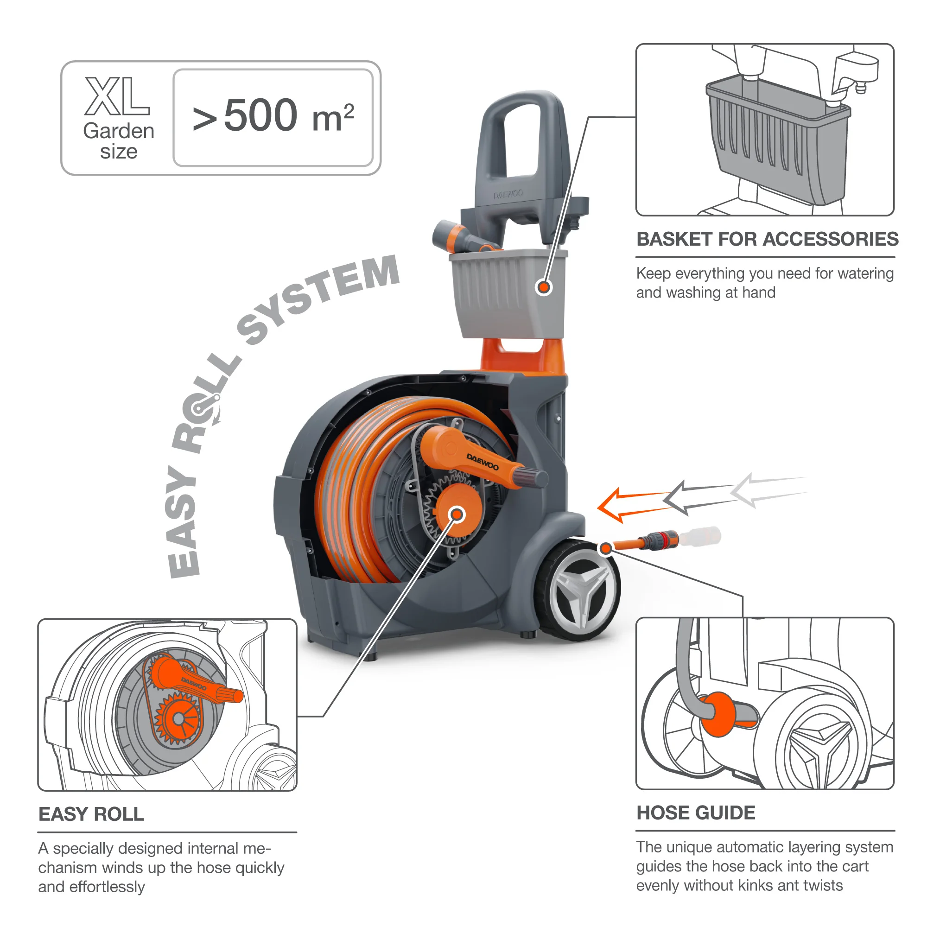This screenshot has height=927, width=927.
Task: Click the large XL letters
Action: (117, 97)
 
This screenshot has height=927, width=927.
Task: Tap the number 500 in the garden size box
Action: (260, 115)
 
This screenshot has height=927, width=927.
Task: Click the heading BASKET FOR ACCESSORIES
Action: (767, 239)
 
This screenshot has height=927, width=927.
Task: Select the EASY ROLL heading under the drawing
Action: (91, 814)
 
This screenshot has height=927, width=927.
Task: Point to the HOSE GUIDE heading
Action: (696, 813)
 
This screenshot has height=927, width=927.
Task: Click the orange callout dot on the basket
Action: (544, 287)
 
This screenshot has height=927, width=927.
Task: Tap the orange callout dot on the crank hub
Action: (457, 515)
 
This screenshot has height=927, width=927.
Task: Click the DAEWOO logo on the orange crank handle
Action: (482, 462)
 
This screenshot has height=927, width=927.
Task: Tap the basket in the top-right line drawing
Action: (777, 144)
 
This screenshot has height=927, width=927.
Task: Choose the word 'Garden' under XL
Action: (119, 131)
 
